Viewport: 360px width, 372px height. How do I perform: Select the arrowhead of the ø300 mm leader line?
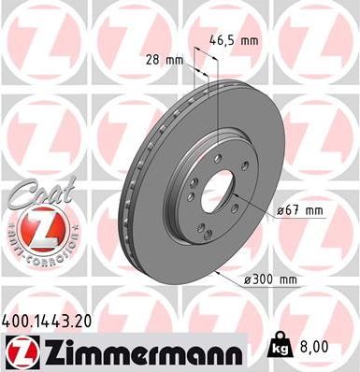213,272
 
